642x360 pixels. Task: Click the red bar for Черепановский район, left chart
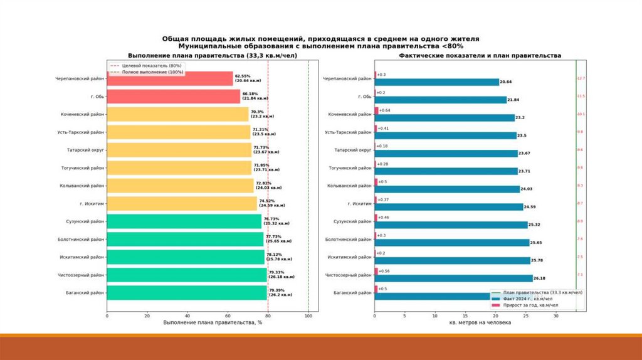[x=169, y=78]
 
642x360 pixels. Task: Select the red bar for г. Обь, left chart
[x=173, y=96]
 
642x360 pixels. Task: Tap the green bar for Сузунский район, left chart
[x=184, y=221]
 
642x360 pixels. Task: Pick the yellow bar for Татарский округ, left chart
[x=179, y=151]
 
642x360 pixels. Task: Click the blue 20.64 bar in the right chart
[x=437, y=82]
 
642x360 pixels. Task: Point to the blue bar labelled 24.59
[x=449, y=206]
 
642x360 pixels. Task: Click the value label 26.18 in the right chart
[x=539, y=278]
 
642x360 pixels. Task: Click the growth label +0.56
[x=384, y=271]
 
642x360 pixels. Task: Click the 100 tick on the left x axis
[x=308, y=315]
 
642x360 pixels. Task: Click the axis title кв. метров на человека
[x=480, y=322]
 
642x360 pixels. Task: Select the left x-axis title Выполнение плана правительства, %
[x=212, y=322]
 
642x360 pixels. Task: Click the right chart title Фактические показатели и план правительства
[x=480, y=56]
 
